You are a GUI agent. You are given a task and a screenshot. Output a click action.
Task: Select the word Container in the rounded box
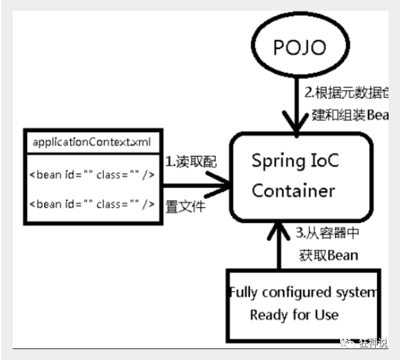[293, 191]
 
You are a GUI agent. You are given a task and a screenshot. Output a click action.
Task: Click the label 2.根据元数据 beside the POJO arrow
[345, 93]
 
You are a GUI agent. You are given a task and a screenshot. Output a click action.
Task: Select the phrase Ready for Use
[294, 315]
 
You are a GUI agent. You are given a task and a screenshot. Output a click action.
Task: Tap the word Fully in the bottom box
[242, 292]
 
